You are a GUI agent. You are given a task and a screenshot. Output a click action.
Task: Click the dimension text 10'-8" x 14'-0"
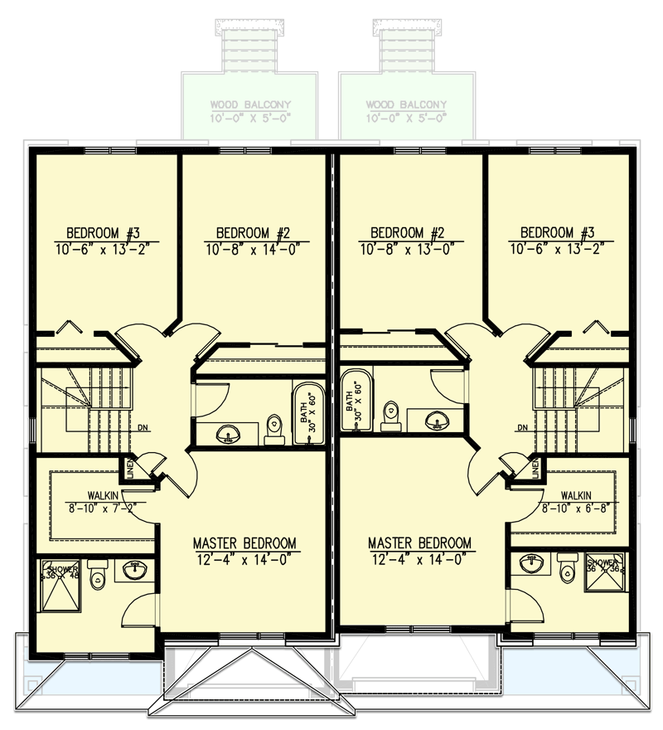tap(252, 247)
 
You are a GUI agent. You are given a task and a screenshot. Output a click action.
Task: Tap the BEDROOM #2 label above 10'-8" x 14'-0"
tap(252, 232)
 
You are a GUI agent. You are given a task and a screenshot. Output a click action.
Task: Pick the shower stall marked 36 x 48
tap(60, 587)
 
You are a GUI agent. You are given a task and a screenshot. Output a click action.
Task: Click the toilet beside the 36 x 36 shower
tap(567, 569)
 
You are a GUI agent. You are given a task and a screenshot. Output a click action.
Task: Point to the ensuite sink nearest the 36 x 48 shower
tap(133, 570)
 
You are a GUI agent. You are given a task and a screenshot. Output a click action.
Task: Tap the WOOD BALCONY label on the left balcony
tap(250, 105)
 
